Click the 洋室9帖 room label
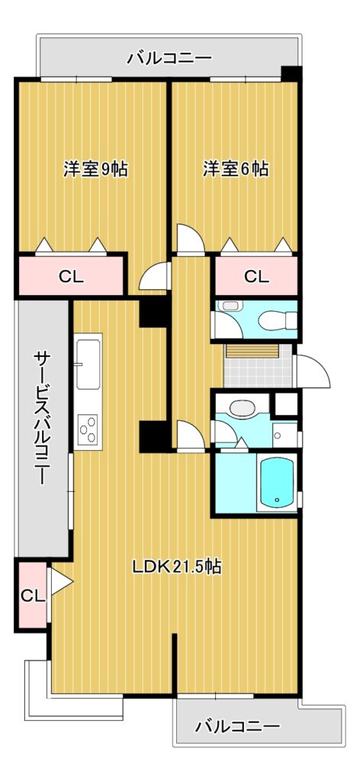(x=95, y=169)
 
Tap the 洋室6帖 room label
(x=236, y=169)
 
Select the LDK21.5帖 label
(x=177, y=567)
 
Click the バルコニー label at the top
(x=170, y=59)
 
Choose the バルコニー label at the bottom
(x=237, y=726)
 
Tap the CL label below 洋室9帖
(x=71, y=276)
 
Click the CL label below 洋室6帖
(x=256, y=276)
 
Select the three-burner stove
(x=88, y=429)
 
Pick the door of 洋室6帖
(x=191, y=240)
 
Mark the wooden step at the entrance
(x=252, y=351)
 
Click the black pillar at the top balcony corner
(x=291, y=73)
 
